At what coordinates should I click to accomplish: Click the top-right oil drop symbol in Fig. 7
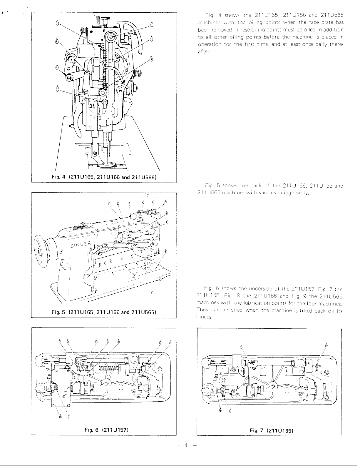click(326, 345)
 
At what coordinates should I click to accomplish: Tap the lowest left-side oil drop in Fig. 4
click(58, 88)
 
